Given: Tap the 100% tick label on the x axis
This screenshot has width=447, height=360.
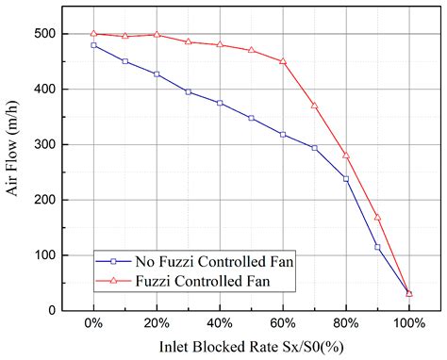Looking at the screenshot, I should pos(408,325).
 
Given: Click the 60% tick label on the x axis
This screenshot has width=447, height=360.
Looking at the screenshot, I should pos(282,325).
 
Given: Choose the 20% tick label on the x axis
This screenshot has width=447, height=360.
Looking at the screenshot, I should pos(157,325).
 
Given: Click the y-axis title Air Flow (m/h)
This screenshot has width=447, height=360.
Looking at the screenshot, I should pos(14,170).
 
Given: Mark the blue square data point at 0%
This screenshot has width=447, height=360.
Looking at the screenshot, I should pos(93,45).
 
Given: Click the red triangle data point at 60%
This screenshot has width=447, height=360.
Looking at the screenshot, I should pos(283,61).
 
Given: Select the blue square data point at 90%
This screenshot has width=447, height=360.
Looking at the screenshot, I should pos(377,247).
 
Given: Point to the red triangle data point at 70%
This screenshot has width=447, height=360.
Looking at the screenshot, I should pos(314,106).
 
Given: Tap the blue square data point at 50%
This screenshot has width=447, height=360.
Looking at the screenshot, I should pos(251,118).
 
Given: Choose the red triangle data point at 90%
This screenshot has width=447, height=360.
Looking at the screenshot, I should pos(377,217).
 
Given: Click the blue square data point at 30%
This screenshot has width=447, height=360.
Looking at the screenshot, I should pos(189,91).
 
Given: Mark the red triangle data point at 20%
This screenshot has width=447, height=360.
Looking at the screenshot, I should pos(157,35).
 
